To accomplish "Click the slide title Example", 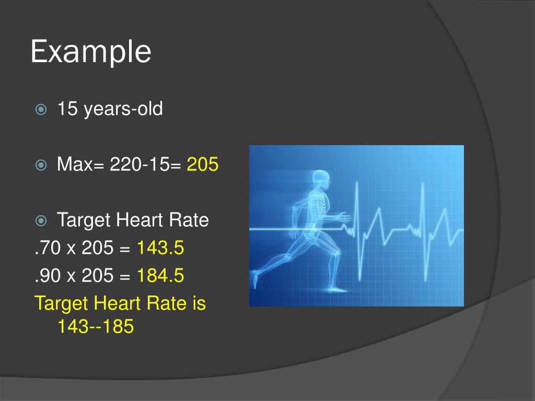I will coord(91,52).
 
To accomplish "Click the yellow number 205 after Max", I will coord(203,165).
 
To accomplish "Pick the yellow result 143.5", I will coord(160,249).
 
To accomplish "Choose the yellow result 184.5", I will coord(160,276).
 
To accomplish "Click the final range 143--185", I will coord(96,327).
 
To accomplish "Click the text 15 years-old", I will coord(110,109).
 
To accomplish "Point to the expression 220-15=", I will coord(145,165).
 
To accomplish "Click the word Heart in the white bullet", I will coord(140,220).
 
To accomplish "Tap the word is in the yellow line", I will coord(199,303).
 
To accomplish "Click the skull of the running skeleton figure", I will coord(320,179).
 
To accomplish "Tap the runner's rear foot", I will coord(255,279).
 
